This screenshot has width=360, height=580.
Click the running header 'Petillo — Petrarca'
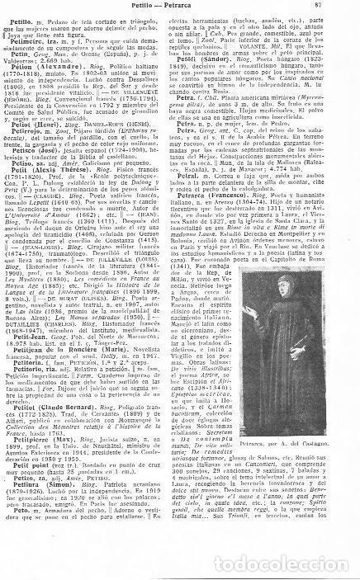(x=179, y=7)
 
